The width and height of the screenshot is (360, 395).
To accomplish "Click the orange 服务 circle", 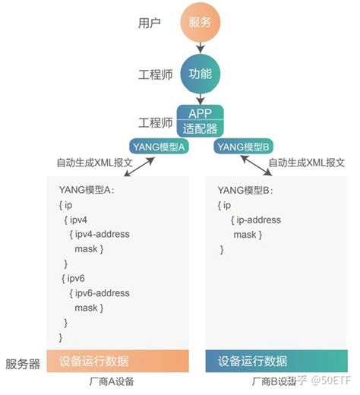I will pyautogui.click(x=200, y=23).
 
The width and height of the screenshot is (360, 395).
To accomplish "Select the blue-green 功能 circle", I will pyautogui.click(x=200, y=74).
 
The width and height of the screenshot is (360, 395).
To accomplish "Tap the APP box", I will pyautogui.click(x=200, y=112).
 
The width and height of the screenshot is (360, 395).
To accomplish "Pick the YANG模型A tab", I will pyautogui.click(x=161, y=147).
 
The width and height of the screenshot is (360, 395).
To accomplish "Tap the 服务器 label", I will pyautogui.click(x=23, y=364).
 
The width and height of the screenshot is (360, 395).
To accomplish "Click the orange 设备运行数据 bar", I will pyautogui.click(x=118, y=361).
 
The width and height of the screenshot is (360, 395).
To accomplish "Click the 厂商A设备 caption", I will pyautogui.click(x=118, y=383).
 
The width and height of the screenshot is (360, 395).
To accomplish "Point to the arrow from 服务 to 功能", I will pyautogui.click(x=200, y=47).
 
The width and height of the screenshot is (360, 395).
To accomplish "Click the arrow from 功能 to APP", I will pyautogui.click(x=200, y=97).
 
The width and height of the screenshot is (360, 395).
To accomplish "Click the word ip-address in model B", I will pyautogui.click(x=257, y=220).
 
